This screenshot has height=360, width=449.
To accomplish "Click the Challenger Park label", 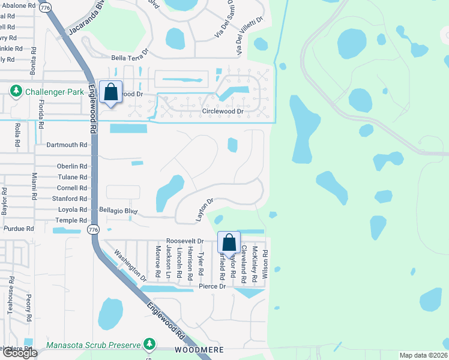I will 52,92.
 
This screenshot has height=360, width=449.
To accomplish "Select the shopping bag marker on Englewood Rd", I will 110,92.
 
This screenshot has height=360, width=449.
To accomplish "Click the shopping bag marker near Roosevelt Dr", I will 229,242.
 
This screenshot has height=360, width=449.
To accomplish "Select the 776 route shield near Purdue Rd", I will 92,230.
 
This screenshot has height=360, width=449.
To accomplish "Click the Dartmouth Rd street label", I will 67,145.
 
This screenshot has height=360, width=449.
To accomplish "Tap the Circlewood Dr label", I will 223,112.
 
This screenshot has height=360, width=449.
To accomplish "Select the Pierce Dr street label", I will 212,287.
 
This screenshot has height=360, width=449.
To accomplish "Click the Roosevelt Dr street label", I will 185,241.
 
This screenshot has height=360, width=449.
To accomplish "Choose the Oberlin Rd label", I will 72,166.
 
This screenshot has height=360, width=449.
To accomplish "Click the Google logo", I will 20,353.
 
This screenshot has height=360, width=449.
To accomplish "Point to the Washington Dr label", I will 130,266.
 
